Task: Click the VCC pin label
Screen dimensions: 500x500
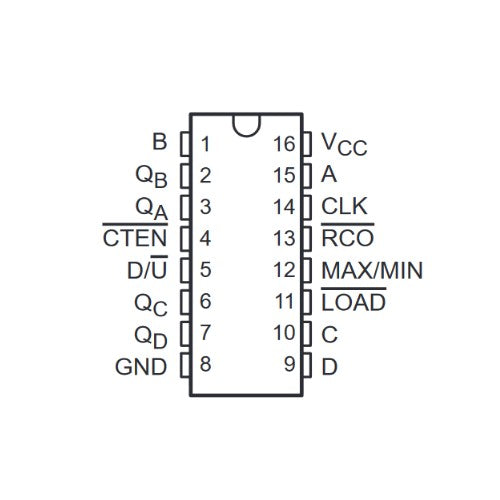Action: [344, 145]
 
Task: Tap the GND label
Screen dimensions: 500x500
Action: [141, 367]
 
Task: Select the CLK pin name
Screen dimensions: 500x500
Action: [344, 206]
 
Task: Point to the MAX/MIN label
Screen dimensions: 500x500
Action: [372, 270]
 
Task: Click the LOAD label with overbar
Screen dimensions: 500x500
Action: [353, 299]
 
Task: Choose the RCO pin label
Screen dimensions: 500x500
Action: [347, 235]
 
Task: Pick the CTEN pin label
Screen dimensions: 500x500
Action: [135, 235]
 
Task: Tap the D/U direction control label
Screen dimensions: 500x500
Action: [147, 267]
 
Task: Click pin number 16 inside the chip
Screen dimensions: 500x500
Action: [284, 144]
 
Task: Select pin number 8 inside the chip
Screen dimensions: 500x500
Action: [205, 364]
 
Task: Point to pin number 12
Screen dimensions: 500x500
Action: [284, 270]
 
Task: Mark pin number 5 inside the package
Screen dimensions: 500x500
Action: [205, 269]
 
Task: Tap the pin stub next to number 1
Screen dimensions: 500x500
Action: [185, 144]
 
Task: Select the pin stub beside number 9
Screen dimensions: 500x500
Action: [307, 365]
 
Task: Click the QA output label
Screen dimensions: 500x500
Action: [151, 209]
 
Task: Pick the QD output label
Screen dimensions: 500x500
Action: [151, 337]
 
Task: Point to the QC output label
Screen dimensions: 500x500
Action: [151, 305]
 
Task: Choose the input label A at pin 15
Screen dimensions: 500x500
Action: [329, 174]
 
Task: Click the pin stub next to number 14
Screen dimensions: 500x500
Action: [307, 207]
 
